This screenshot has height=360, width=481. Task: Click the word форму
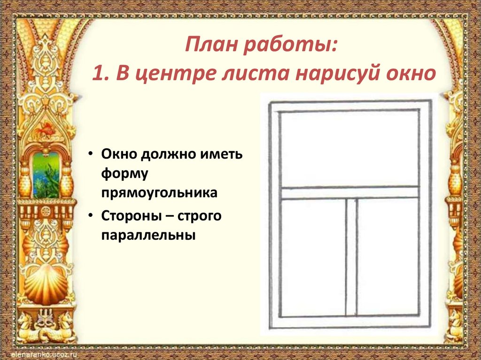pos(124,174)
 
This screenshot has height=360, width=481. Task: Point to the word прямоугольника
pos(158,193)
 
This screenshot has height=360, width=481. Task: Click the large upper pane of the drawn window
pos(349,149)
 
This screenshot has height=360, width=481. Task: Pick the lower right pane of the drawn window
pos(387,256)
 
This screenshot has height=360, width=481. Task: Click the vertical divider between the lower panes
pos(351,256)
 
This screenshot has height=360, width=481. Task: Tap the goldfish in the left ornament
pos(47,128)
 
